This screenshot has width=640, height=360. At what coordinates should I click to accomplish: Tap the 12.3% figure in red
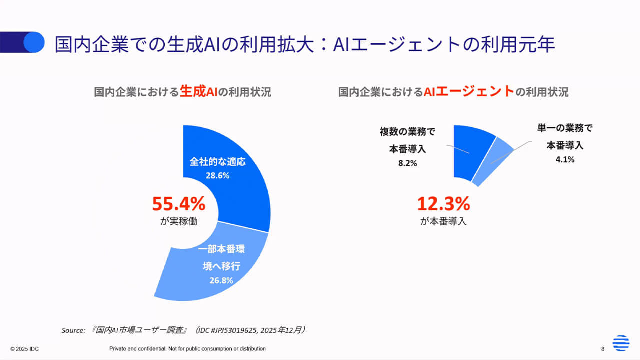point(443,204)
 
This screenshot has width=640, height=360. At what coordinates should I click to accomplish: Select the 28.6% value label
point(217,176)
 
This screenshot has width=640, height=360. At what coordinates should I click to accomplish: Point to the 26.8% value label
point(221,280)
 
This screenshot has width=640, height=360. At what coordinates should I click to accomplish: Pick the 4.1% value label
point(565,160)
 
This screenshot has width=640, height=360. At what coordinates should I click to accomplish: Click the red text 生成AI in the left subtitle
point(199,92)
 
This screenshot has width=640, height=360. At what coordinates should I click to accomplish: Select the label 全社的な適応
point(218,162)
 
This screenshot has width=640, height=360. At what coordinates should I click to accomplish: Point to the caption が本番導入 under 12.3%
point(443,221)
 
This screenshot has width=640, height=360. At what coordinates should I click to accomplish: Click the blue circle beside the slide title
point(35,42)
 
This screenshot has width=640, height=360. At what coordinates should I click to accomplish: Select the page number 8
point(603,349)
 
